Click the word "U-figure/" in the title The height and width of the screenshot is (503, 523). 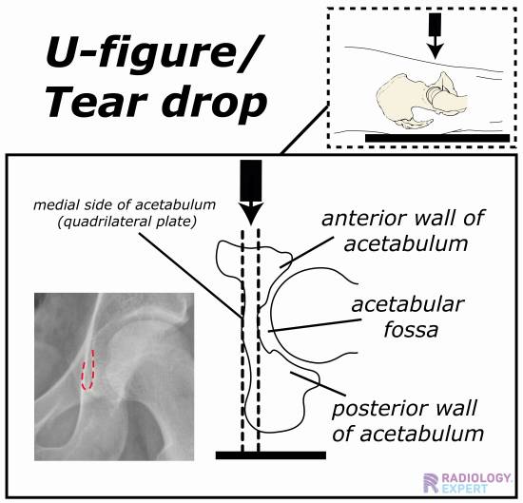(x=153, y=53)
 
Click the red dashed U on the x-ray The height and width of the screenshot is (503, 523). (x=87, y=371)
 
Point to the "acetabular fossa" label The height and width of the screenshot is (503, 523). (x=408, y=317)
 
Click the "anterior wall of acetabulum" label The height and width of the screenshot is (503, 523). (x=404, y=231)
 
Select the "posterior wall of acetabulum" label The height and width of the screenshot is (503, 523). (x=408, y=421)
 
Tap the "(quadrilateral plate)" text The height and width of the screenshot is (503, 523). (x=126, y=222)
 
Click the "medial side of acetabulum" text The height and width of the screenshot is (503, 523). (x=125, y=204)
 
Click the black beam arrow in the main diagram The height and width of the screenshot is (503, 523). (x=251, y=192)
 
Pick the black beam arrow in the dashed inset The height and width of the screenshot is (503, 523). (x=436, y=35)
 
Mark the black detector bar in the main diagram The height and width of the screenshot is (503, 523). (x=271, y=455)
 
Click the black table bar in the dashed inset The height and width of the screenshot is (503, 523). (x=437, y=138)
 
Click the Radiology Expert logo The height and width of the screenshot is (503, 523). (x=467, y=483)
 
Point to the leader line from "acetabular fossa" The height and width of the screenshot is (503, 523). (x=315, y=325)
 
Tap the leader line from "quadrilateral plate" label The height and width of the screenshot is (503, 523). (x=190, y=275)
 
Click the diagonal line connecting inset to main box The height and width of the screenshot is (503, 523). (x=304, y=129)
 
